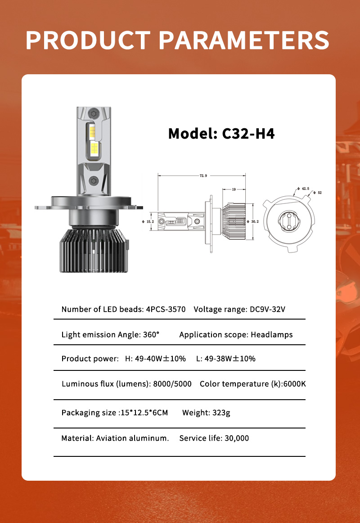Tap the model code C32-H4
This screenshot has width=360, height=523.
[x=248, y=134]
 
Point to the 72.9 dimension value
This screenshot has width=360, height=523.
[x=203, y=176]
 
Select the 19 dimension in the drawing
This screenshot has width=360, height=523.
[x=234, y=189]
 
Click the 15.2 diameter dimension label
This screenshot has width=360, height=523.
[x=150, y=221]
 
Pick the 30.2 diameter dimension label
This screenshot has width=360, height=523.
[x=254, y=221]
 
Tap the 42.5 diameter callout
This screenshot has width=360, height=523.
[x=305, y=189]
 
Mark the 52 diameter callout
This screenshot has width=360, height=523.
[x=319, y=193]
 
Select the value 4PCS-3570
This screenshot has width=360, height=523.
[x=166, y=309]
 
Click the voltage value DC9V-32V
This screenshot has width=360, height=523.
[x=268, y=309]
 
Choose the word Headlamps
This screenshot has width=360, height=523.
[x=272, y=334]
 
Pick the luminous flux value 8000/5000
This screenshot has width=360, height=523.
[x=172, y=383]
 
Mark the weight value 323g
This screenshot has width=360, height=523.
[x=221, y=412]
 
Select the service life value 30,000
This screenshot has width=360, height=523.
[x=236, y=438]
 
